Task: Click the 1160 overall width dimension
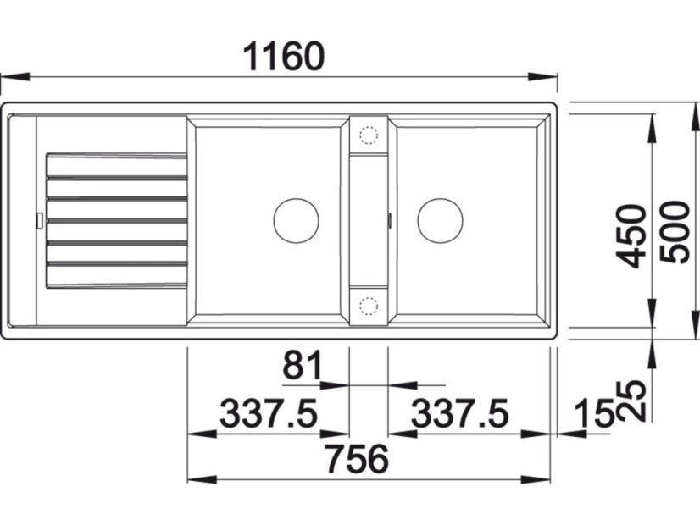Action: coord(284,57)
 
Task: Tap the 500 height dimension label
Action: coord(674,232)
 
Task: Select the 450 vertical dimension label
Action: coord(631,236)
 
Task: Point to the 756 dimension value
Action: coord(357,459)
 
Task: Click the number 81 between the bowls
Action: coord(303,364)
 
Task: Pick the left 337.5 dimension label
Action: coord(269,413)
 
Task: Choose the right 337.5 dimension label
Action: coord(460,413)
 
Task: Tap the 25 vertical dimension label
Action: coord(631,401)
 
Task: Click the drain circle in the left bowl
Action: coord(296,221)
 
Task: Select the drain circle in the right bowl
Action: coord(440,221)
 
